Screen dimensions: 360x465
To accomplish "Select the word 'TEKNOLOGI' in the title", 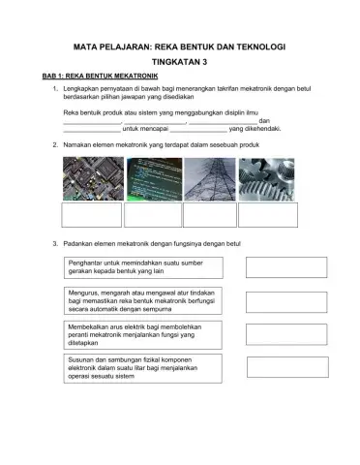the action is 259,45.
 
